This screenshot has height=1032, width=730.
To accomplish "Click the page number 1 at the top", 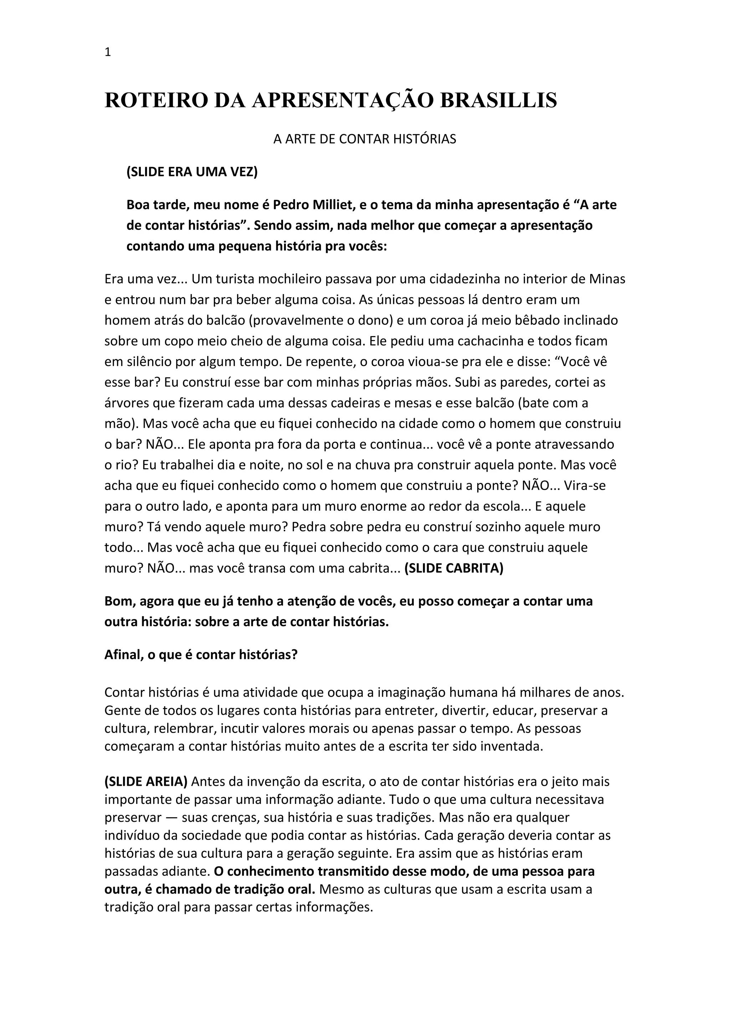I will (x=107, y=53).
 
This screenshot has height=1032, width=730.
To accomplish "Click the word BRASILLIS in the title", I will (x=498, y=100).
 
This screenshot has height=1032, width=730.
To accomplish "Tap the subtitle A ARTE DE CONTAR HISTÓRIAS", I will (x=365, y=139).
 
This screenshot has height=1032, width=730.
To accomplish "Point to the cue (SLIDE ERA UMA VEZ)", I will (x=192, y=172).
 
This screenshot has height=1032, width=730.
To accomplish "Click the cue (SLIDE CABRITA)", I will (x=454, y=568).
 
